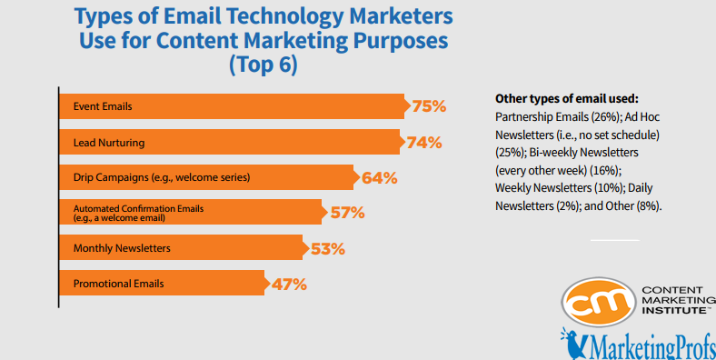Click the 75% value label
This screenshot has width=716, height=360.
click(x=428, y=106)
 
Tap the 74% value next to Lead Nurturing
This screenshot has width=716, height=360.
click(x=423, y=142)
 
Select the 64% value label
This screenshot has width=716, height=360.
click(x=379, y=177)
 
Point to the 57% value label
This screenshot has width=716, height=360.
click(x=346, y=213)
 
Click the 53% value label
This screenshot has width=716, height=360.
click(x=329, y=248)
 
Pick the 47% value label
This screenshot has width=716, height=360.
click(x=289, y=284)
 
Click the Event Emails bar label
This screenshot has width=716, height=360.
click(x=103, y=106)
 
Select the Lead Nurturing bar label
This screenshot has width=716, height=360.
click(x=109, y=142)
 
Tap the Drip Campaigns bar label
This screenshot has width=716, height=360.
click(x=161, y=177)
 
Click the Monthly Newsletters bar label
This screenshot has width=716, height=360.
click(x=122, y=248)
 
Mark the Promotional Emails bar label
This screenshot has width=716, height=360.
click(x=118, y=284)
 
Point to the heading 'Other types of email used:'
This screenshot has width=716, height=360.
click(x=565, y=98)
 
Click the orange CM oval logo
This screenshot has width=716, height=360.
click(x=597, y=304)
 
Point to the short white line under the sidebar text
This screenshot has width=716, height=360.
click(x=614, y=240)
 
